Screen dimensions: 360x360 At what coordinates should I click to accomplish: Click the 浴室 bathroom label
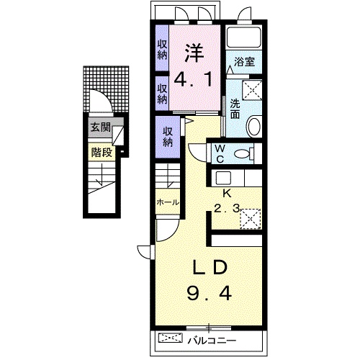tap(244, 63)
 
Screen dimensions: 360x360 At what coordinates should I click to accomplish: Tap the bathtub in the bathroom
tap(243, 37)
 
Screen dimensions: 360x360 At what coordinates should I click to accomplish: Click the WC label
tap(220, 154)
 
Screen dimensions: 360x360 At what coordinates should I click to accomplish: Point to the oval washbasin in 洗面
tap(254, 126)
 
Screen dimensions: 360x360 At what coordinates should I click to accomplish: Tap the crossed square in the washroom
tap(252, 90)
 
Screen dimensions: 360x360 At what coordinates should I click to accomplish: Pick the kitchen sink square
tap(223, 178)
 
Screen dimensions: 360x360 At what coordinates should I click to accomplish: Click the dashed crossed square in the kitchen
tap(251, 219)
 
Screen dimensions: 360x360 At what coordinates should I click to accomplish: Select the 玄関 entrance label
tap(100, 127)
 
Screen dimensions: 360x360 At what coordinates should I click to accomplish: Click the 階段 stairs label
tap(102, 152)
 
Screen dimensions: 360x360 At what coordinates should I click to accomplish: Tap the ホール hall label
tap(168, 202)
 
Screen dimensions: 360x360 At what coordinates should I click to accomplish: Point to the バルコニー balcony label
tap(212, 341)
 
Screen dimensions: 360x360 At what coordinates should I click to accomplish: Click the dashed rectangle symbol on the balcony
tap(171, 338)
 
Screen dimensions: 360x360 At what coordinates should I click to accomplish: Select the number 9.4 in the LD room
tap(210, 294)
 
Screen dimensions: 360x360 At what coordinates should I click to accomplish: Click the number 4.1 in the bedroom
tap(193, 80)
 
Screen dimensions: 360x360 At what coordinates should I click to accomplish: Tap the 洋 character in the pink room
tap(194, 53)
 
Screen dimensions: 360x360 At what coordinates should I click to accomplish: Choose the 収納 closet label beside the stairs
tap(168, 138)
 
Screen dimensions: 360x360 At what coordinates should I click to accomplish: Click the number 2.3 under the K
tap(227, 209)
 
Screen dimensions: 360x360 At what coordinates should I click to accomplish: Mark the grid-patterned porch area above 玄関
tap(106, 89)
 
